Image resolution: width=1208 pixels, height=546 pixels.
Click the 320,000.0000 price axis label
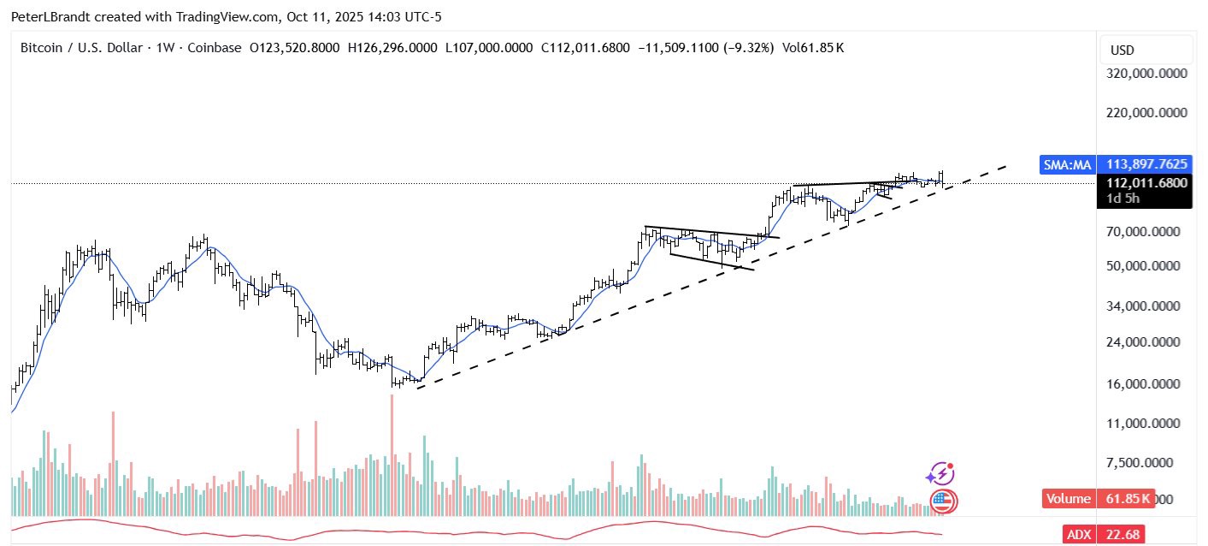1146,74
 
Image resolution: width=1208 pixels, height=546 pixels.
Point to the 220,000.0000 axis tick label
1146,112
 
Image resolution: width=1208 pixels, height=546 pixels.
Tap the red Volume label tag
1069,499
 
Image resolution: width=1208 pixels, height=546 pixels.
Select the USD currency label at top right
1122,50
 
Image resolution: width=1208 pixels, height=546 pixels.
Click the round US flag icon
942,501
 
